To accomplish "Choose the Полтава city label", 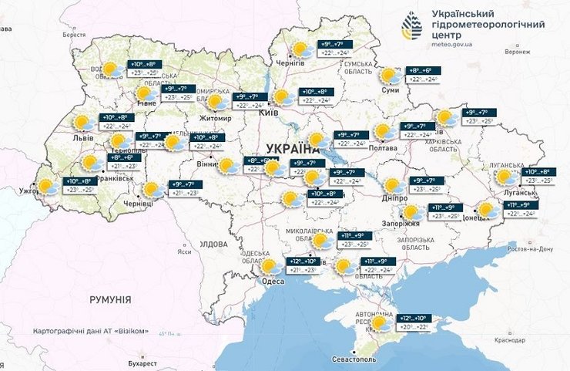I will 383,147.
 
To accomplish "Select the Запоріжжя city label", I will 401,224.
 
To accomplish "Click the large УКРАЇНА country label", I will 292,148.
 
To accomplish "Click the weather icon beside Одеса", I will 270,267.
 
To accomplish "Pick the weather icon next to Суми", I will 391,76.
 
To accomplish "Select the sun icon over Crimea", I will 381,324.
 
